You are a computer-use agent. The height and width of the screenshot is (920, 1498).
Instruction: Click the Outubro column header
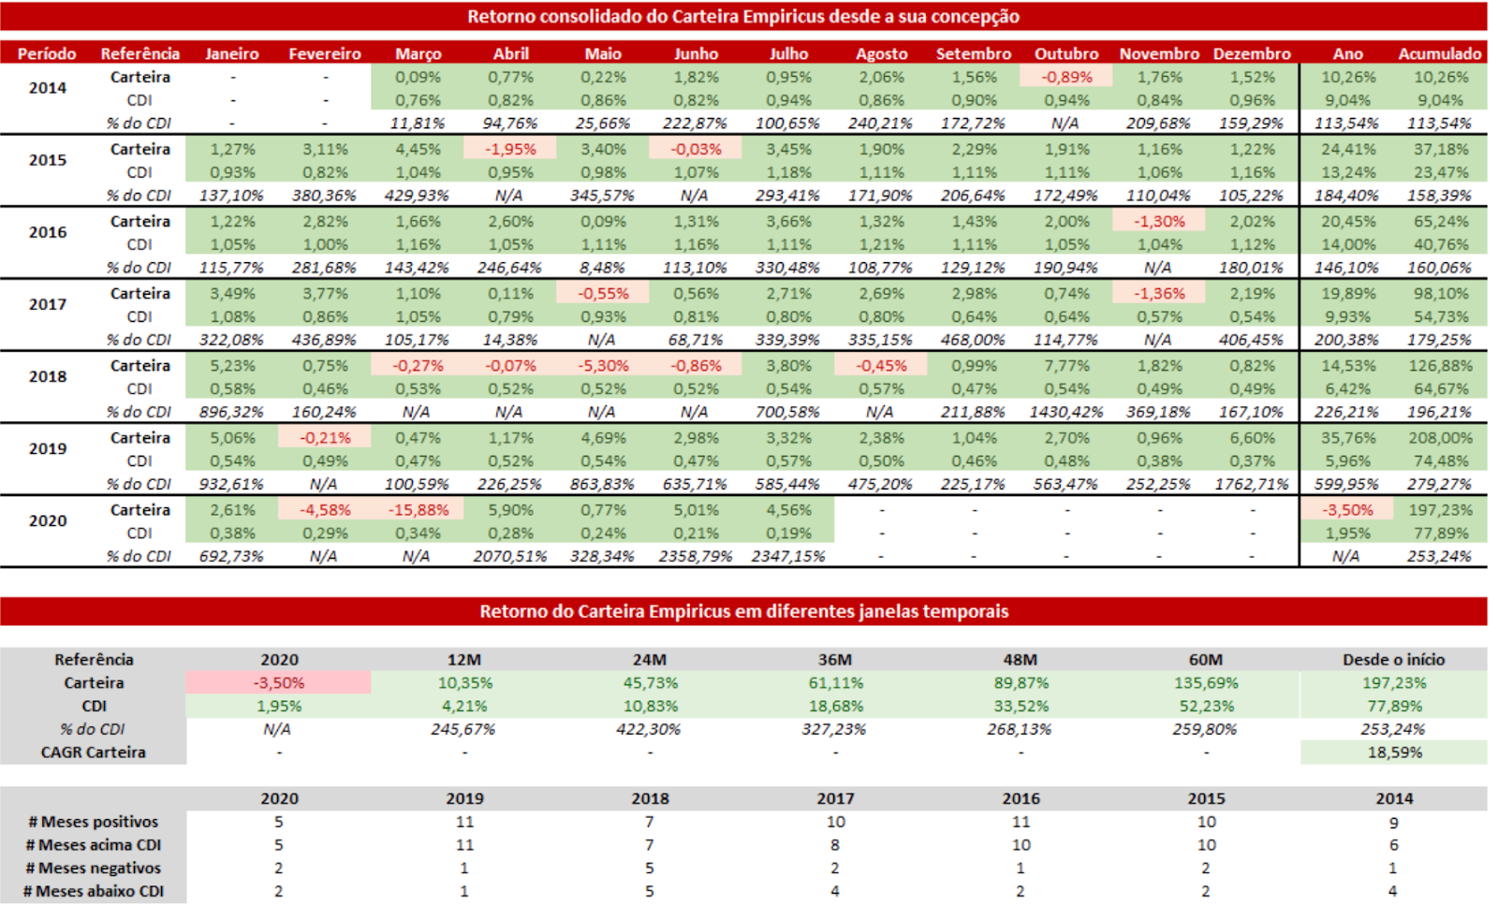click(x=1065, y=54)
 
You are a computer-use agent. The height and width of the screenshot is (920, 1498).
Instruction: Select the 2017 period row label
click(x=48, y=304)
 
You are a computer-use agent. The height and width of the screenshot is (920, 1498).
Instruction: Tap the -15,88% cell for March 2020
click(x=418, y=510)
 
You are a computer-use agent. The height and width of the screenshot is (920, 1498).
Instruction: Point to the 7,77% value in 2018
click(x=1066, y=366)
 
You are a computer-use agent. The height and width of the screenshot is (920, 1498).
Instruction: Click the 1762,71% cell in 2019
click(x=1252, y=484)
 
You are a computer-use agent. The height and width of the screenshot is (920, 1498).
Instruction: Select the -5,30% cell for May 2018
click(x=603, y=366)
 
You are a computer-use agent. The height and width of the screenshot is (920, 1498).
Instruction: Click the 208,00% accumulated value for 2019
click(x=1440, y=438)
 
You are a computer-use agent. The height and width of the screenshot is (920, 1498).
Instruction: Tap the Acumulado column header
click(x=1440, y=54)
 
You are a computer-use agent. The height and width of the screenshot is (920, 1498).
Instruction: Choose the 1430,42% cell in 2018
click(x=1066, y=412)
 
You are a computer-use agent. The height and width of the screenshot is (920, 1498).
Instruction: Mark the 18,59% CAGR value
click(x=1394, y=752)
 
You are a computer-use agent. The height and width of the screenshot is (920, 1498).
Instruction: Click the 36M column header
click(x=835, y=660)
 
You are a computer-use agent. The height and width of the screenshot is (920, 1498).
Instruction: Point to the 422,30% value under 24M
click(x=649, y=729)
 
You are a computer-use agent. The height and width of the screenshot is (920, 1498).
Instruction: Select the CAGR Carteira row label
click(x=94, y=752)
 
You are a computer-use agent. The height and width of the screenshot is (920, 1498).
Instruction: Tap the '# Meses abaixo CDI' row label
click(x=94, y=891)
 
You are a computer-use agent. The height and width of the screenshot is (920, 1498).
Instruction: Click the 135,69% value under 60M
click(x=1206, y=683)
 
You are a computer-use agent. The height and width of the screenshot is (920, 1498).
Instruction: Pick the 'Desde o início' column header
click(x=1393, y=660)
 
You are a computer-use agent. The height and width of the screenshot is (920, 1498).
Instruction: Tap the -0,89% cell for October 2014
click(x=1066, y=78)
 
